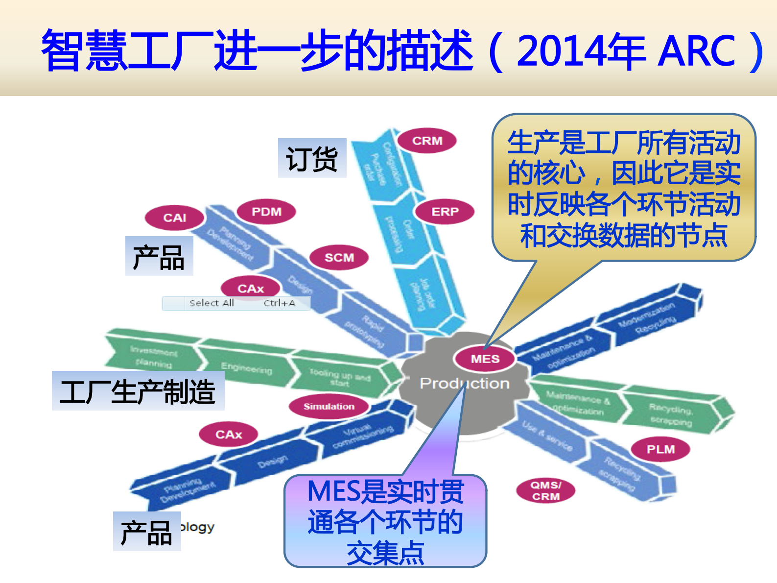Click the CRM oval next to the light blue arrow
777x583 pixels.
pos(427,141)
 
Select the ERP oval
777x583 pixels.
pos(445,212)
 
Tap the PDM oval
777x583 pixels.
pos(266,212)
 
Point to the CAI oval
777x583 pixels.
pos(174,218)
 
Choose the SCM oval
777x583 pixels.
pos(339,258)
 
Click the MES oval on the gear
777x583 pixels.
pos(485,359)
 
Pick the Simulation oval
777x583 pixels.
pos(329,407)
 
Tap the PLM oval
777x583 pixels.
pos(660,449)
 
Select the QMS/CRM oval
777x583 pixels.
pos(546,490)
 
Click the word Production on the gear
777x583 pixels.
pos(464,383)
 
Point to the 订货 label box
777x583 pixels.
pos(312,158)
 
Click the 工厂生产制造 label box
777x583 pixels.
pos(138,391)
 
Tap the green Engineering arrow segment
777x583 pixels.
pos(246,368)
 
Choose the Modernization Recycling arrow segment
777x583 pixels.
pos(647,318)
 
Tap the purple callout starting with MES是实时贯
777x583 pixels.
pos(385,521)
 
